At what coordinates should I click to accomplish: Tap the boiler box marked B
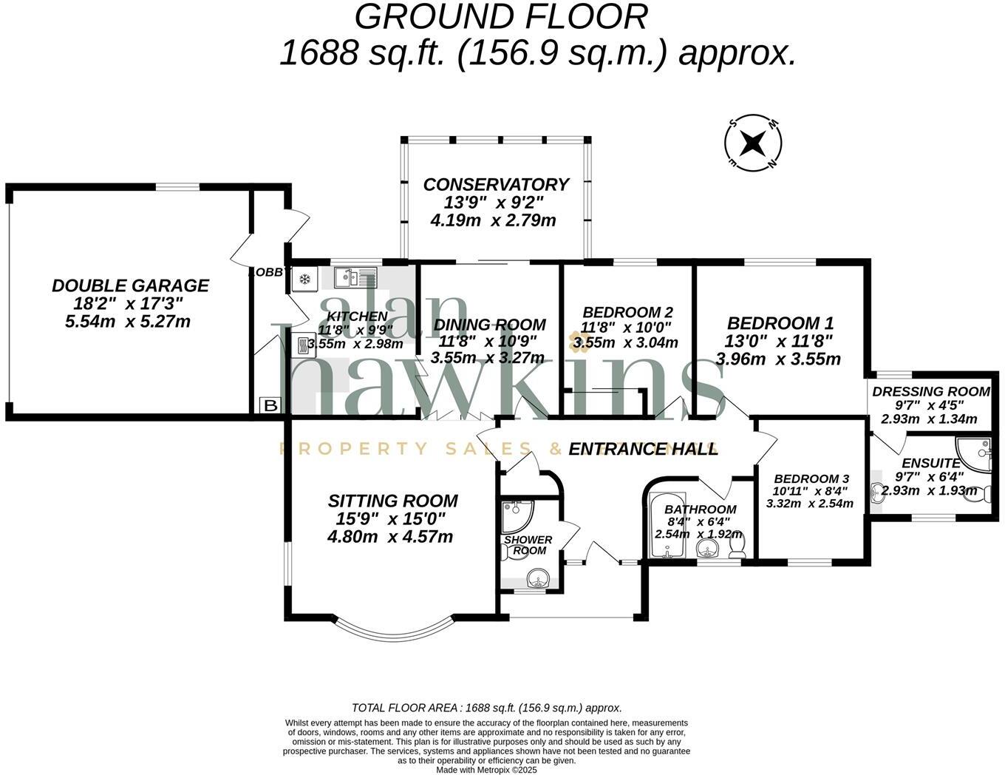[x=270, y=405]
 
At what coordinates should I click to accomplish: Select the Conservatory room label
[x=495, y=184]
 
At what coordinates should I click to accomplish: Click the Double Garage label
[x=130, y=285]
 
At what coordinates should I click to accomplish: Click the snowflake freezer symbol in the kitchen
[x=304, y=279]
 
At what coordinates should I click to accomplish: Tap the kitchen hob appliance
[x=304, y=345]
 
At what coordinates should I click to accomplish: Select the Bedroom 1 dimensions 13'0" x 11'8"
[x=779, y=341]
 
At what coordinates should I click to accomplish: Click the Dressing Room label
[x=930, y=391]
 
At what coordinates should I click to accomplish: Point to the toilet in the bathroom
[x=737, y=545]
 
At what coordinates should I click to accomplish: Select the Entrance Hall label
[x=642, y=449]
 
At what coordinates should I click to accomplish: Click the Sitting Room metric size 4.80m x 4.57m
[x=390, y=536]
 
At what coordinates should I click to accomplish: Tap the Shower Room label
[x=528, y=545]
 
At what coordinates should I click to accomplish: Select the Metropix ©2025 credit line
[x=486, y=770]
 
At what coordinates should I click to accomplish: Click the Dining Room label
[x=489, y=325]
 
